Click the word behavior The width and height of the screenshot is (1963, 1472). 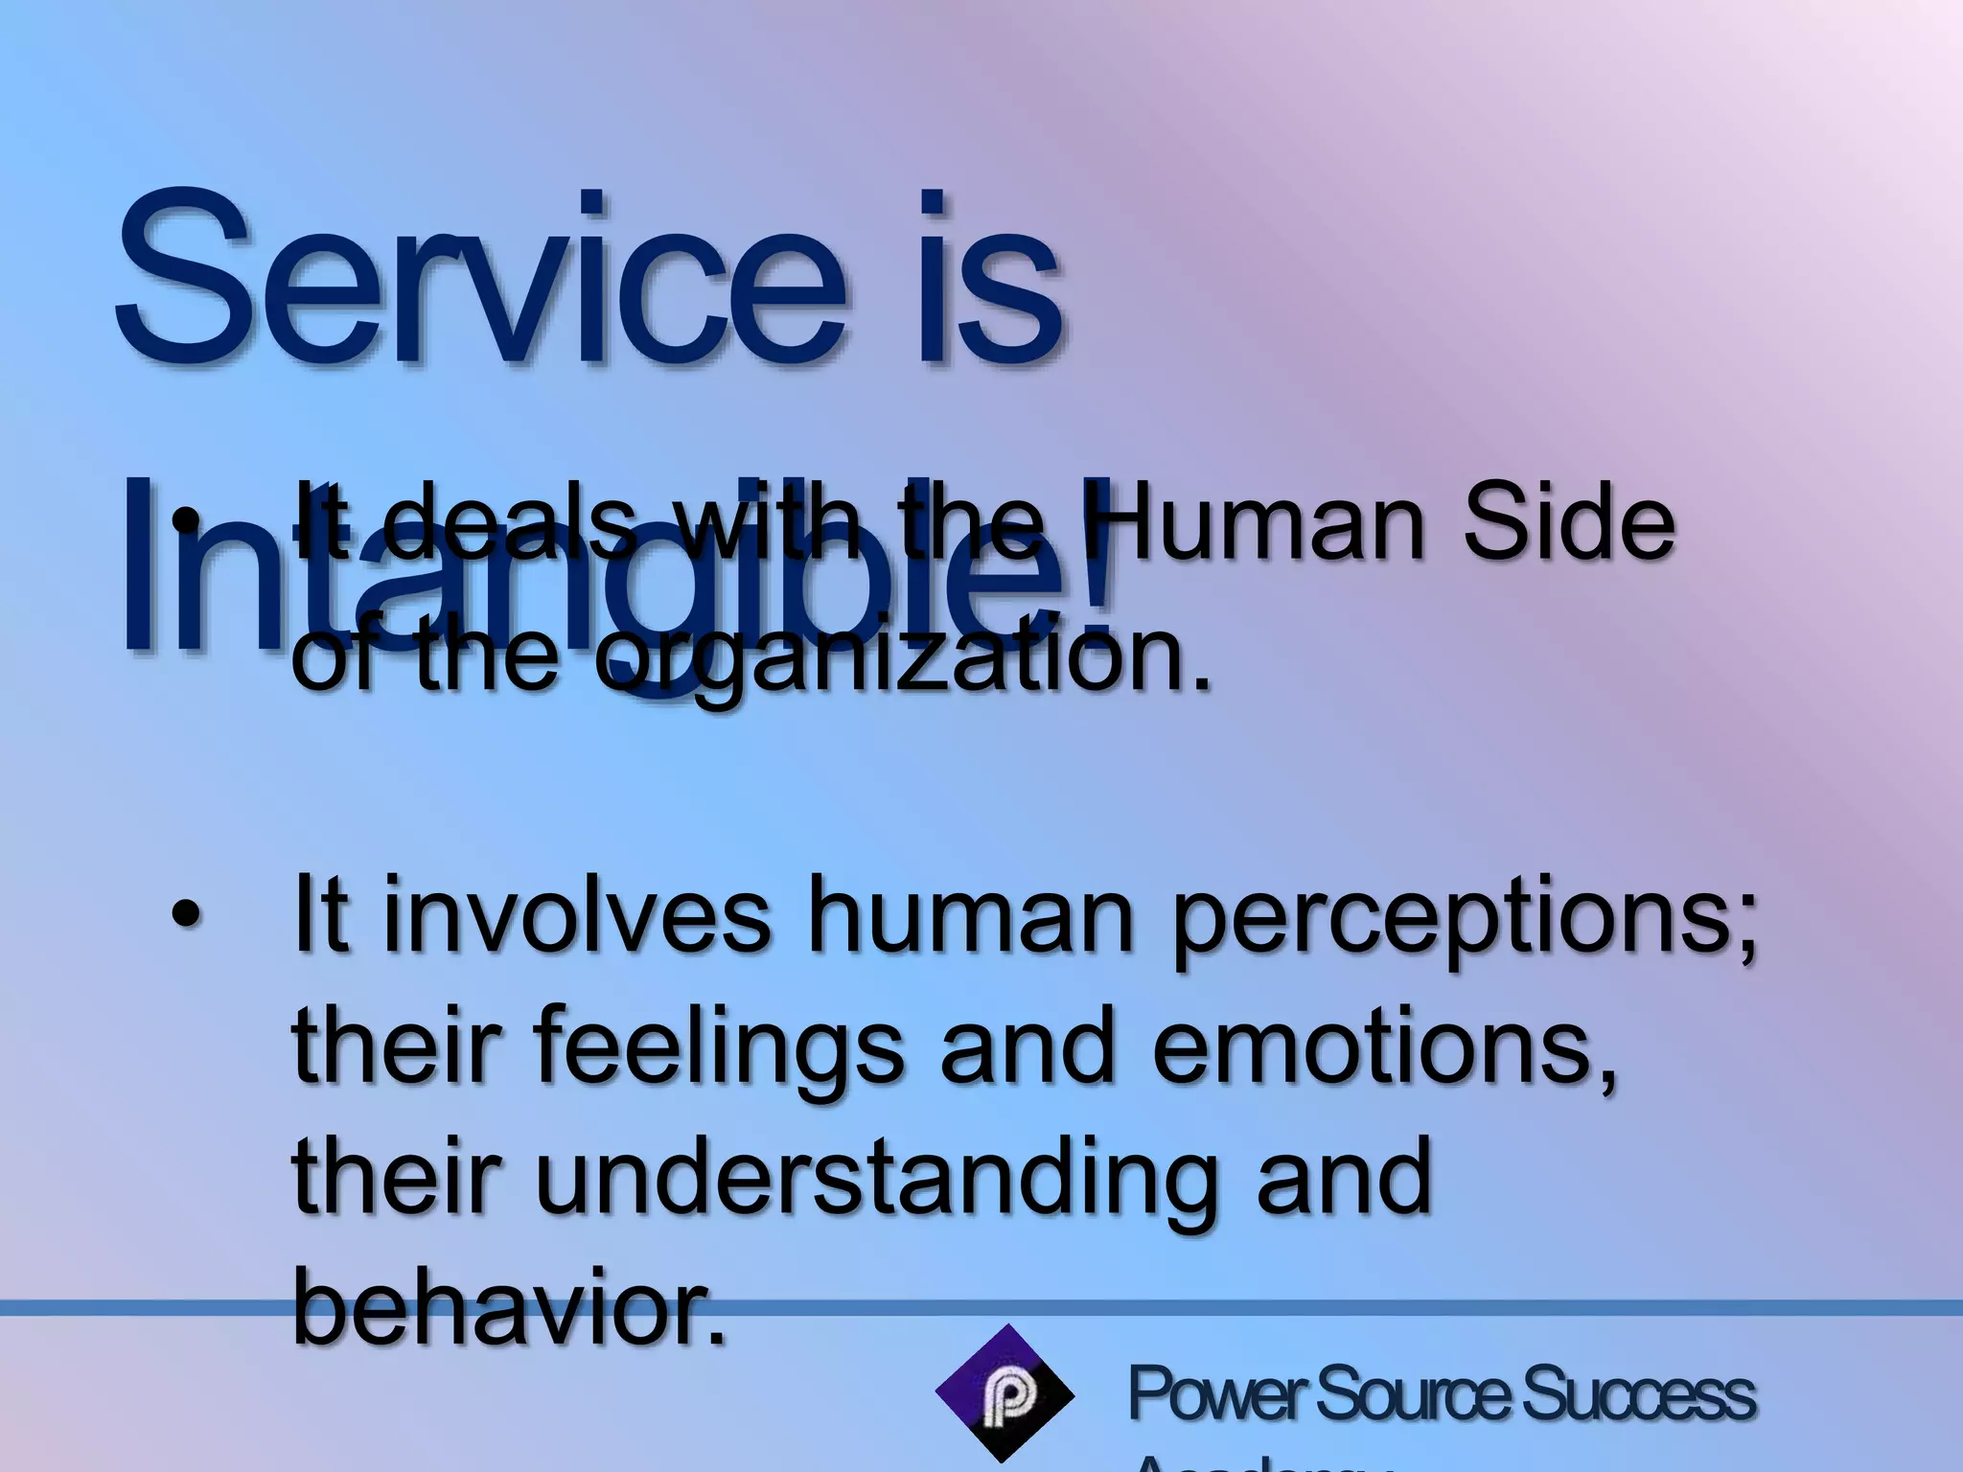click(x=508, y=1305)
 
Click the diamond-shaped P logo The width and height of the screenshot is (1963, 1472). click(x=1005, y=1392)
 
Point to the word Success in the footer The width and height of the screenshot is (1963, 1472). click(x=1639, y=1394)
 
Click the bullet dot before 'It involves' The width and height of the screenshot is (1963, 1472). click(x=184, y=917)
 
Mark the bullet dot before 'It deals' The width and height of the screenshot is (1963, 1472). click(x=184, y=525)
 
